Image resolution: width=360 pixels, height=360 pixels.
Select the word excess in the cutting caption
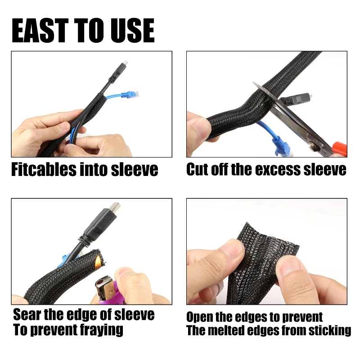[x=280, y=170]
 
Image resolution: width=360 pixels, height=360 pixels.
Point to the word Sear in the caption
[x=28, y=314]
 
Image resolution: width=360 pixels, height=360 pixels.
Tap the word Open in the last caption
[x=200, y=317]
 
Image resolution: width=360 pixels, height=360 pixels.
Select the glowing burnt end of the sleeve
[x=97, y=260]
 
